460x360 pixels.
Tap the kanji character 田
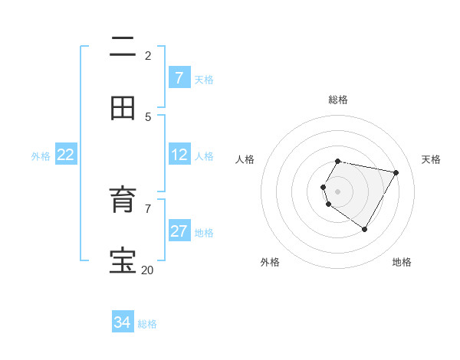[x=123, y=109]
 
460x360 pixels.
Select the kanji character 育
[x=123, y=201]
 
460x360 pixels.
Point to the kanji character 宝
[x=123, y=261]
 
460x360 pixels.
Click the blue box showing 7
[x=179, y=78]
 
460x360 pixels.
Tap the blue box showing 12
[x=179, y=155]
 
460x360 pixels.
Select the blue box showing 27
[x=179, y=231]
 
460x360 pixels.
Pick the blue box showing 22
[x=65, y=155]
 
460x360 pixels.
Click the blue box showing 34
[x=122, y=322]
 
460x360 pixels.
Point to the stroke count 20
[x=147, y=270]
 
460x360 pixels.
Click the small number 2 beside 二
[x=148, y=55]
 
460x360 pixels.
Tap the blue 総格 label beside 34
[x=147, y=324]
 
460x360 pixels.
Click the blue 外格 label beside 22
[x=41, y=156]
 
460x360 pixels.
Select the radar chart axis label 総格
[x=337, y=100]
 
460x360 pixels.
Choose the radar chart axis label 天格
[x=431, y=159]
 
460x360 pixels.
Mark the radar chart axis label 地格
[x=402, y=262]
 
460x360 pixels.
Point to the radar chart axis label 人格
[x=245, y=159]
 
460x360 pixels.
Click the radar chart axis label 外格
[x=270, y=262]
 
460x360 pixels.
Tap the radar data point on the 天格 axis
[x=396, y=172]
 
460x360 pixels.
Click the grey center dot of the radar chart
[x=337, y=191]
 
